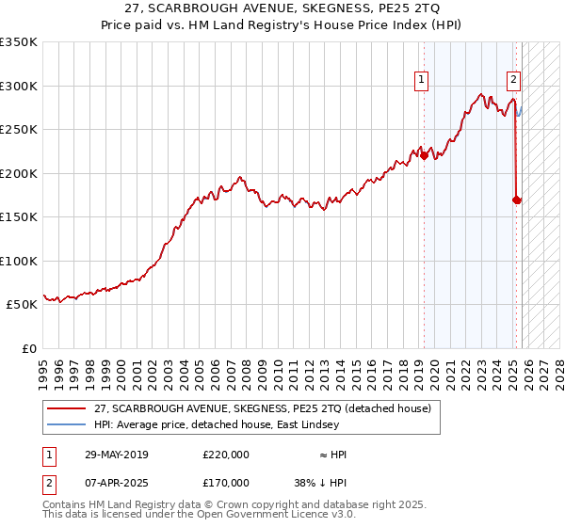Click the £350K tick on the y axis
click(x=19, y=42)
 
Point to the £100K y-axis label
click(x=19, y=262)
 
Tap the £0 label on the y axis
click(x=28, y=349)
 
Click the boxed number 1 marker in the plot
click(x=420, y=81)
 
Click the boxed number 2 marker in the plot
click(x=513, y=81)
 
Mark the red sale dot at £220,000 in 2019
click(x=424, y=156)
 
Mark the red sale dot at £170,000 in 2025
click(x=516, y=200)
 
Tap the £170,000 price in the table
click(x=226, y=483)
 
